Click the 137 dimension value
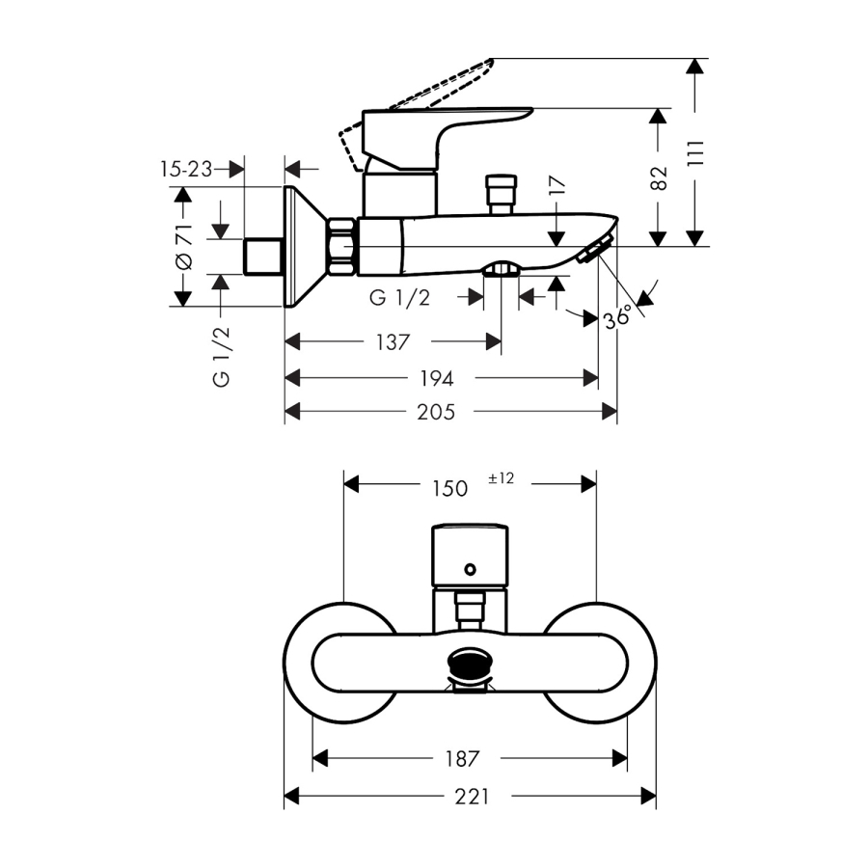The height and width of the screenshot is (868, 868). (393, 342)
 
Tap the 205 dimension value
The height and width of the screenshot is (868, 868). (437, 412)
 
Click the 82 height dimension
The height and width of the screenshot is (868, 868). (660, 178)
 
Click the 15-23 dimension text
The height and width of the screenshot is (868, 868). (186, 169)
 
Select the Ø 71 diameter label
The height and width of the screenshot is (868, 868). (183, 246)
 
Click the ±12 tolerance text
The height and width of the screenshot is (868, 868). (502, 477)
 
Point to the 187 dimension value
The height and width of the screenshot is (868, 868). (463, 759)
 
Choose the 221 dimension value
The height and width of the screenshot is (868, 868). (472, 797)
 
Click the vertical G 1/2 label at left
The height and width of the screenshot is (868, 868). (222, 356)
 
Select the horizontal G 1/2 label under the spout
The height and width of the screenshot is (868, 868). (399, 298)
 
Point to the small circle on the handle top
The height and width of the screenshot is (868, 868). (470, 570)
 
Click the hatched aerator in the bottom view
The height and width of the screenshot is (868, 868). (470, 665)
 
